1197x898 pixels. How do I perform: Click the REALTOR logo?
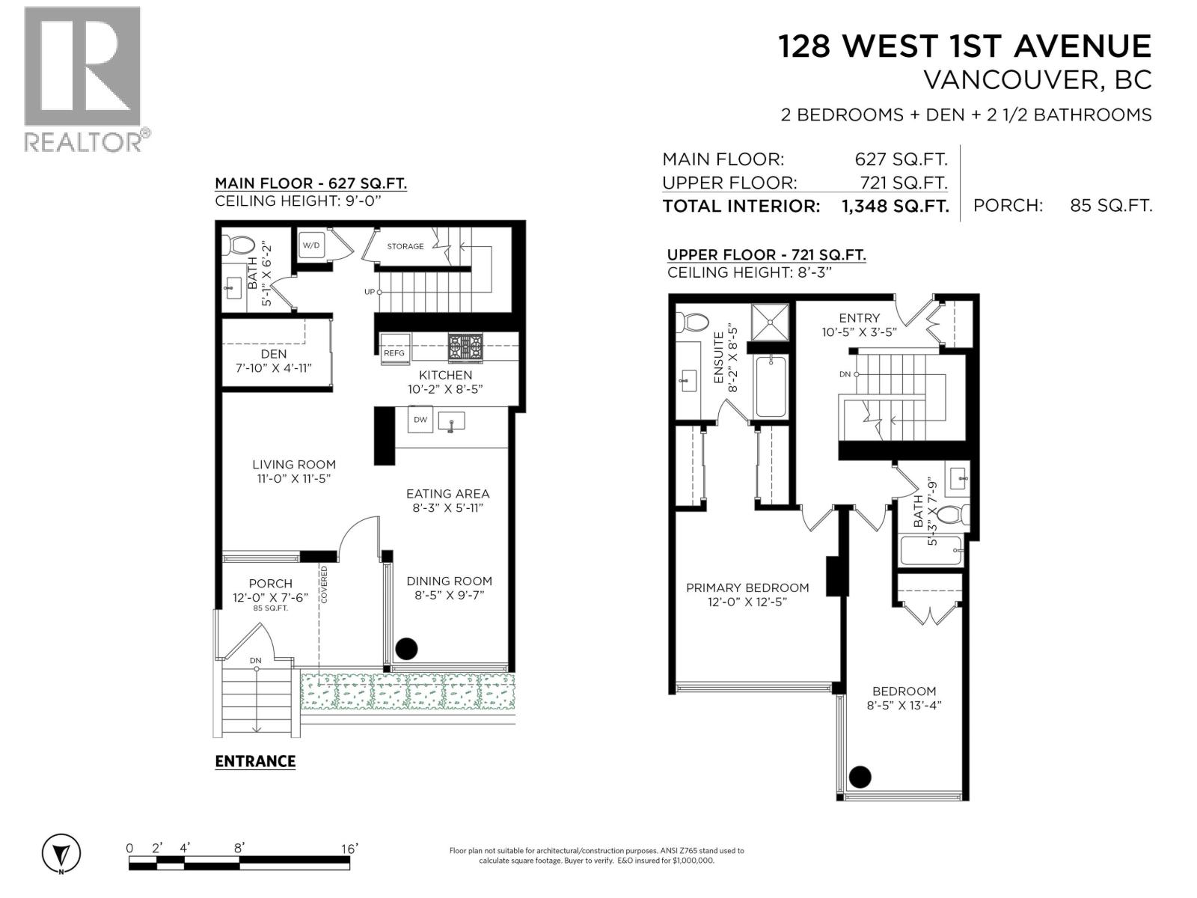tap(82, 79)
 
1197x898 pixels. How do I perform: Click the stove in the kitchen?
tap(465, 347)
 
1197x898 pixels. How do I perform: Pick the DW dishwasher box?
tap(420, 419)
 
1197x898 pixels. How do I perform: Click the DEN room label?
tap(274, 353)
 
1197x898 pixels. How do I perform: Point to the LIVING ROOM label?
tap(294, 464)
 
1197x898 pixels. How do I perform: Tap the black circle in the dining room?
tap(406, 648)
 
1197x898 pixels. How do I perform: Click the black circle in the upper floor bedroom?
tap(860, 777)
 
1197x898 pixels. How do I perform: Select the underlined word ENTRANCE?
tap(255, 761)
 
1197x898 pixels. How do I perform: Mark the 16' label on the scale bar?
tap(349, 848)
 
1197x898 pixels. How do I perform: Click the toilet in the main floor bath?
tap(241, 245)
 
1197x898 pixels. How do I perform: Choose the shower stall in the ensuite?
tap(770, 321)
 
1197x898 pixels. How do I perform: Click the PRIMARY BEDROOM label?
tap(747, 587)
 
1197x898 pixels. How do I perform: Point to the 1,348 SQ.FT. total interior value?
tap(896, 206)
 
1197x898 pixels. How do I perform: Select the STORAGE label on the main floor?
tap(405, 246)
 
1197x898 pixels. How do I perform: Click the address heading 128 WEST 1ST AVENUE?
tap(964, 46)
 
